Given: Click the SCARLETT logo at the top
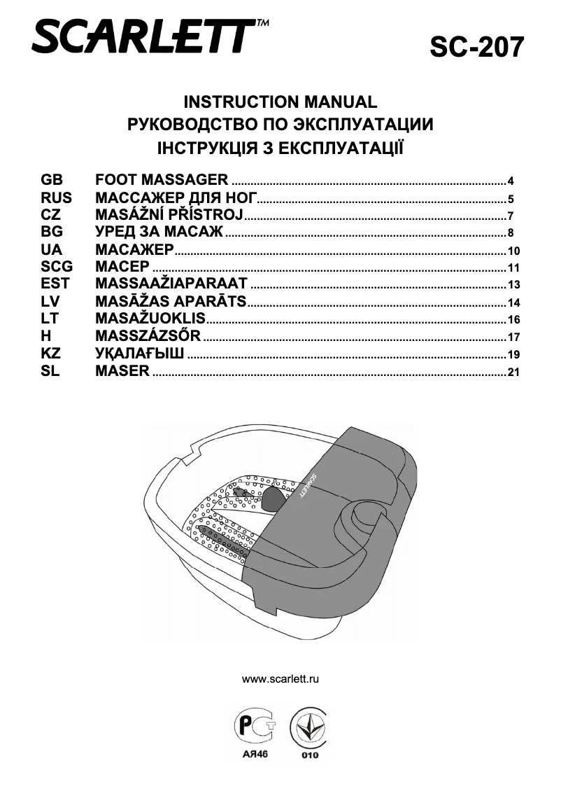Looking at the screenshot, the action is (147, 36).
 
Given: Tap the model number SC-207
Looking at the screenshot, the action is (476, 47).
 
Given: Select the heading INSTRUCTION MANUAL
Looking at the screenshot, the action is (280, 102).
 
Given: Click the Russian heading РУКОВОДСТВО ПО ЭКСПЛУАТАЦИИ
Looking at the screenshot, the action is (280, 125).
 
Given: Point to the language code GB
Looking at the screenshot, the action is (52, 179).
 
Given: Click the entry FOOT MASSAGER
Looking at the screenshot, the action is (162, 179).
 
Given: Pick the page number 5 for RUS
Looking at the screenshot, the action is (511, 198).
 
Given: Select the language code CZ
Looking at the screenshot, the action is (51, 214).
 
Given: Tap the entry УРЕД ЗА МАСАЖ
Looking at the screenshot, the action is (159, 232).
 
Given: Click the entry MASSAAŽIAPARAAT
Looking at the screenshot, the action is (171, 284).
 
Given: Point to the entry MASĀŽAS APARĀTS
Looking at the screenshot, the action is (171, 302).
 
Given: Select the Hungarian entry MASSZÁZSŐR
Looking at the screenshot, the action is (148, 337).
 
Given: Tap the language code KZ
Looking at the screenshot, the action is (51, 354).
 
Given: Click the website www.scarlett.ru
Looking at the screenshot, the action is (280, 679).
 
